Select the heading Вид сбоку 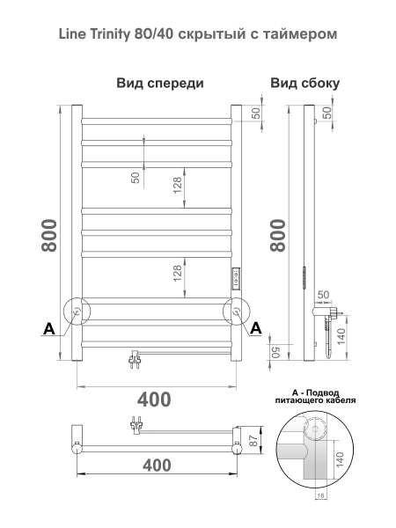point(305,84)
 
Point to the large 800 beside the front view point(49,236)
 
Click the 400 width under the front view point(155,399)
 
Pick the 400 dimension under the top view point(155,464)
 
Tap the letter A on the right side point(257,328)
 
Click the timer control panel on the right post point(236,280)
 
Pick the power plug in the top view point(137,424)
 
